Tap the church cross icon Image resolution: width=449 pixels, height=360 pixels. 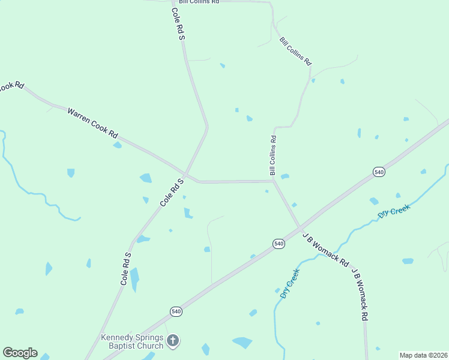[x=173, y=341]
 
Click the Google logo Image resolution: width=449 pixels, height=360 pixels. [x=20, y=353]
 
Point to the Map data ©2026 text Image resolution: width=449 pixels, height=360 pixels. [x=423, y=355]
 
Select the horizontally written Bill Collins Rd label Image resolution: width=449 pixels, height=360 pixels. [x=199, y=2]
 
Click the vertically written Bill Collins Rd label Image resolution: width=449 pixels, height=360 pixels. [x=273, y=155]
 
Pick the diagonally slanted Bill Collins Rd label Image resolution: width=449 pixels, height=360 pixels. [x=295, y=51]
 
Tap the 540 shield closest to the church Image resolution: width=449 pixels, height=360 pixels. [x=175, y=311]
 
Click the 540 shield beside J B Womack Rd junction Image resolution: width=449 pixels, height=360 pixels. [x=279, y=243]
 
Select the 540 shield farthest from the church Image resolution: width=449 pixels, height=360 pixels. [x=379, y=172]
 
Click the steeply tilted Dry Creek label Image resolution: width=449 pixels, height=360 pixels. [x=290, y=284]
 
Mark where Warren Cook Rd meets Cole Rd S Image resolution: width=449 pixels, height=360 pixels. [x=186, y=176]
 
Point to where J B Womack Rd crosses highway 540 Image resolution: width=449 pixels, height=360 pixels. [x=300, y=228]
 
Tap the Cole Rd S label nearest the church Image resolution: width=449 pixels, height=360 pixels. [x=125, y=268]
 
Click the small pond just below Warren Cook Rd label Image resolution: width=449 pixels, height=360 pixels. [x=117, y=145]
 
